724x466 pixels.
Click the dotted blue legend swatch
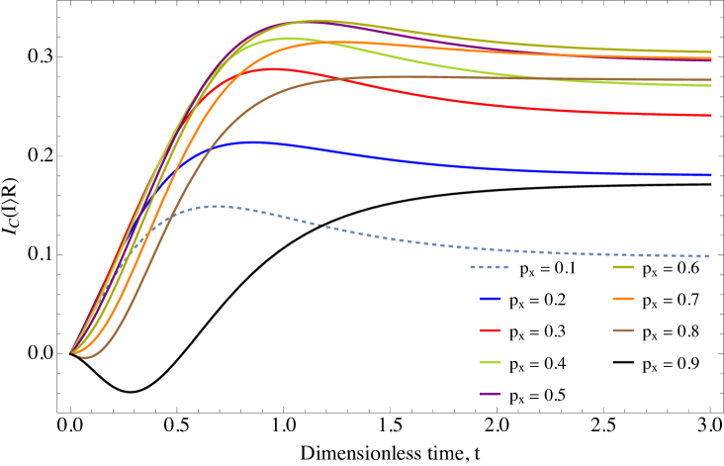(489, 267)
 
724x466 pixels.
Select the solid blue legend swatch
(491, 299)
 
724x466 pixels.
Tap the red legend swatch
(491, 330)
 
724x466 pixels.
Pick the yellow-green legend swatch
(491, 362)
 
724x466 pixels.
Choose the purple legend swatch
(491, 394)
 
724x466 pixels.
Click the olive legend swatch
(623, 267)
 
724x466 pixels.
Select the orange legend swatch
(623, 299)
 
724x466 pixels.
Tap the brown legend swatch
(623, 330)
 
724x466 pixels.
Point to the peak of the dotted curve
(220, 206)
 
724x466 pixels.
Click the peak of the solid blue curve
(253, 141)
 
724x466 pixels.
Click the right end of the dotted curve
(710, 256)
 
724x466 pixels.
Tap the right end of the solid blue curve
(711, 175)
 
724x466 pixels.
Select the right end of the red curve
(711, 116)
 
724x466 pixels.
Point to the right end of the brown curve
(711, 80)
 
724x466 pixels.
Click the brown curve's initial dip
(85, 357)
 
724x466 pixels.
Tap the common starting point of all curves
(71, 352)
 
